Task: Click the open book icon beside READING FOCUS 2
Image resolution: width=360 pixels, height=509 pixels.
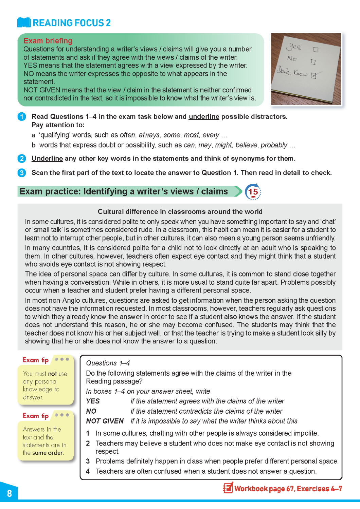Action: coord(24,22)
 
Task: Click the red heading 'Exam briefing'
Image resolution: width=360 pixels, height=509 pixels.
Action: coord(48,41)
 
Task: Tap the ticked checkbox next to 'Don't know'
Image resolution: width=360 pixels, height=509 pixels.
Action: coord(313,76)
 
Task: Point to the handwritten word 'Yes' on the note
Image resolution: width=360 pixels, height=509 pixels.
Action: coord(295,46)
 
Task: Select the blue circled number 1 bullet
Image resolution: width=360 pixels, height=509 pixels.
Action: coord(22,117)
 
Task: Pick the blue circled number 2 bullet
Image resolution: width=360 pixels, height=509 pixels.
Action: coord(22,158)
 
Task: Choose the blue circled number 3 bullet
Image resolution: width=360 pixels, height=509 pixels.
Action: coord(22,173)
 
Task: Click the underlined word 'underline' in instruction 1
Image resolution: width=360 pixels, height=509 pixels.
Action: coord(204,117)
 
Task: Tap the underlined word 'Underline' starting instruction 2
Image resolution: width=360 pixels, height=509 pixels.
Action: coord(47,158)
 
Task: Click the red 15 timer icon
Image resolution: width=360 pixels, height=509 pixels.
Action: coord(253,192)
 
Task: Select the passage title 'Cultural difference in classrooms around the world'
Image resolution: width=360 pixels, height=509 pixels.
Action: coord(180,212)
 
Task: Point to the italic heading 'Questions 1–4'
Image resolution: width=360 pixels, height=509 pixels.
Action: coord(108,363)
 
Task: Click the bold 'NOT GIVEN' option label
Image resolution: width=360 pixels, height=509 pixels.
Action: coord(105,421)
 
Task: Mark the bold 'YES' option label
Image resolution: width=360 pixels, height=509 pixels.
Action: coord(93,401)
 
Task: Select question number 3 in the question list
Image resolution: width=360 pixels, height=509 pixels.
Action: coord(88,461)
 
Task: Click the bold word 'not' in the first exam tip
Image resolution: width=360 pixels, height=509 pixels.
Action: coord(52,374)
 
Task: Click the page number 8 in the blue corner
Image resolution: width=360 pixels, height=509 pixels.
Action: coord(10,493)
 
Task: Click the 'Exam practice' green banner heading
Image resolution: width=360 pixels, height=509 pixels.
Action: coord(124,192)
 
